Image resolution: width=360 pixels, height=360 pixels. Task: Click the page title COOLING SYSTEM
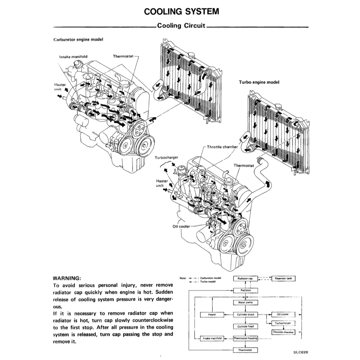(x=181, y=11)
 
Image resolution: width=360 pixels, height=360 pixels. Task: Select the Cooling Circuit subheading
(x=181, y=26)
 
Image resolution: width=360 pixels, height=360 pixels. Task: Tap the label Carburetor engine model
(x=78, y=40)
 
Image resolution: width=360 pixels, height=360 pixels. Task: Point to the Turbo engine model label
(x=259, y=82)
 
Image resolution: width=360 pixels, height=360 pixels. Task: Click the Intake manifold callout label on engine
(x=73, y=56)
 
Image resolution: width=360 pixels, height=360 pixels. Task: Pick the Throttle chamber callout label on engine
(x=222, y=147)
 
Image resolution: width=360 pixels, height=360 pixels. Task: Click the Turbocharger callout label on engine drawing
(x=167, y=158)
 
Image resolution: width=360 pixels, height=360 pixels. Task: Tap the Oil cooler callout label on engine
(x=181, y=226)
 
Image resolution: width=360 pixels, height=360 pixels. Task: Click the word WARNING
(x=67, y=278)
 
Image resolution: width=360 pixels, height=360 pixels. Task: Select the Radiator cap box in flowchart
(x=246, y=278)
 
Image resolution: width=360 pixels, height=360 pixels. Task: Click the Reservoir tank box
(x=284, y=278)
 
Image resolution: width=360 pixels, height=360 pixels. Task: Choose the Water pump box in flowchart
(x=246, y=302)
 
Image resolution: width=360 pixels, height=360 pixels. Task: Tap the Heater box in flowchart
(x=212, y=315)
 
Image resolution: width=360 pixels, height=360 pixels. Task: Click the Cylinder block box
(x=246, y=315)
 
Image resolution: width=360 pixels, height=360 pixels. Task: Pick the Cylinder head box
(x=246, y=327)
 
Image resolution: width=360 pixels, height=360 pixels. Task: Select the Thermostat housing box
(x=246, y=339)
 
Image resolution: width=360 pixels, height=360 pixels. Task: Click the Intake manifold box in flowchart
(x=212, y=339)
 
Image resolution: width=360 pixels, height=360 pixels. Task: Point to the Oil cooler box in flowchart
(x=283, y=315)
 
